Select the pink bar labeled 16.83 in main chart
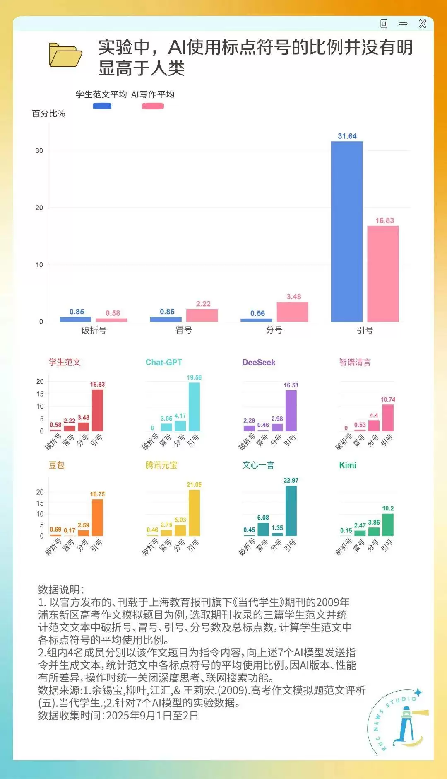pos(383,273)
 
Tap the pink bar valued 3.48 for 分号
pos(292,312)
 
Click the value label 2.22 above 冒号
pos(203,304)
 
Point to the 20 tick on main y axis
pos(39,208)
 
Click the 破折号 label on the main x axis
pos(94,330)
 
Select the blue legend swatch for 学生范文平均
pos(102,106)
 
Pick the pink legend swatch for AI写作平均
pos(153,106)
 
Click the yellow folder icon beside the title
pos(65,55)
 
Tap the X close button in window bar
pos(423,24)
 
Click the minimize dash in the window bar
pos(403,24)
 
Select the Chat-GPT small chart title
pos(163,362)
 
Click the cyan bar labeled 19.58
pos(194,406)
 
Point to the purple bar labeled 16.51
pos(291,411)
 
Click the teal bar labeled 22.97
pos(291,510)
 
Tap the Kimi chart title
pos(348,465)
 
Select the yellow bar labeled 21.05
pos(194,513)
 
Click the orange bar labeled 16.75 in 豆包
pos(97,518)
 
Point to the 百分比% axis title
pos(48,114)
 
